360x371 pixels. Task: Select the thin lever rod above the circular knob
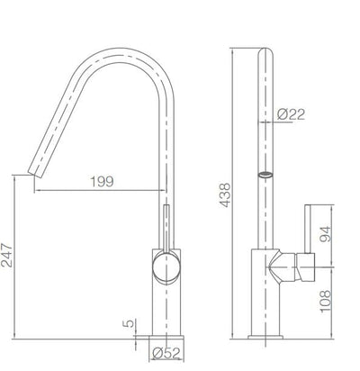click(x=166, y=222)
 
